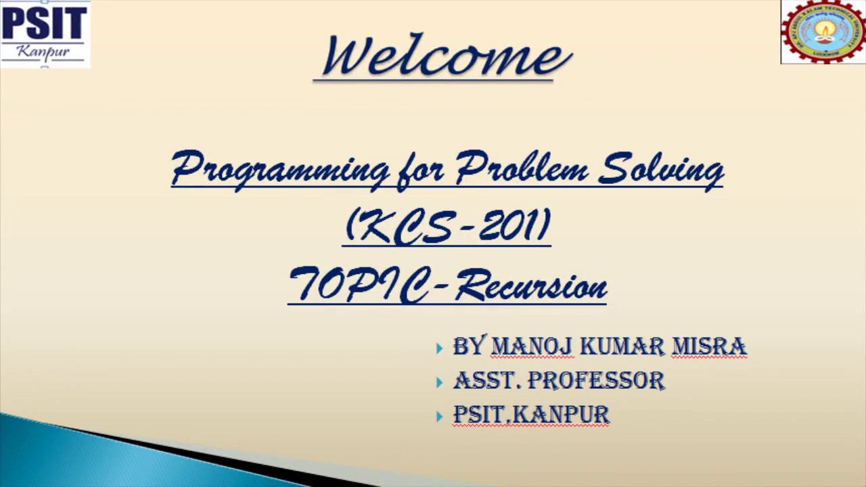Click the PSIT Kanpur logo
coord(45,34)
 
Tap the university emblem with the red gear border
coord(823,32)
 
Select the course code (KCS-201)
coord(448,227)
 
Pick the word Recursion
coord(531,286)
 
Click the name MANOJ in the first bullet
coord(532,347)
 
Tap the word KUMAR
coord(622,347)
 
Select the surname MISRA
coord(709,347)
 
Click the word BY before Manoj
coord(469,347)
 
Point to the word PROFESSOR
coord(596,381)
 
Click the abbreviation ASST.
coord(487,381)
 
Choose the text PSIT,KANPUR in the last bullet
coord(531,415)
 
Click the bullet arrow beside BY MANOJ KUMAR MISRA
coord(440,348)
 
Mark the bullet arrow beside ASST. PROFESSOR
coord(440,382)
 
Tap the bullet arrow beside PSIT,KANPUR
coord(440,416)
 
